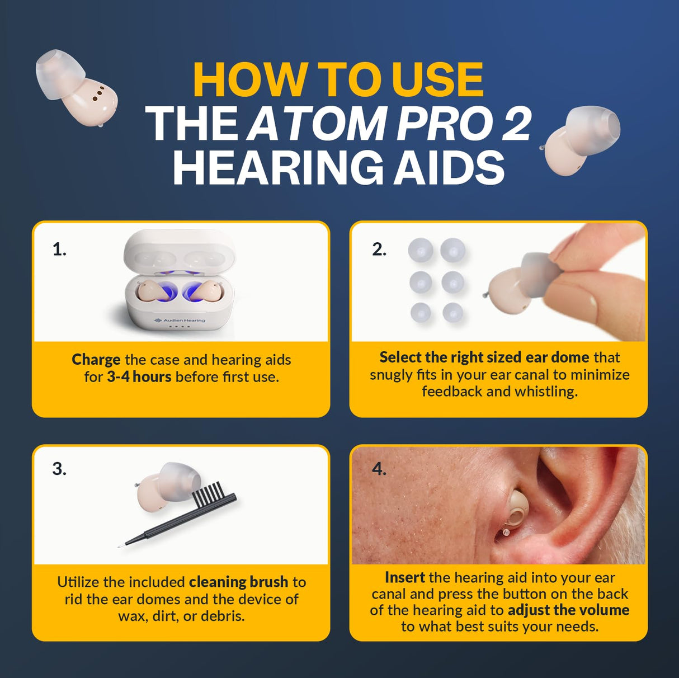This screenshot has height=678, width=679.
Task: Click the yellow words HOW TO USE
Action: (338, 80)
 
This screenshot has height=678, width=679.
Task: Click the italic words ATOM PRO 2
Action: (389, 124)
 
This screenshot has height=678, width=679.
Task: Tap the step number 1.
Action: (59, 249)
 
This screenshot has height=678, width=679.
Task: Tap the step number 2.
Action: (379, 249)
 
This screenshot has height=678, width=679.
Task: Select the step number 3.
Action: (59, 469)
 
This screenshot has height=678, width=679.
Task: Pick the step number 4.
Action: (379, 469)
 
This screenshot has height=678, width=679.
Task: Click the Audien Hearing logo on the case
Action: (180, 320)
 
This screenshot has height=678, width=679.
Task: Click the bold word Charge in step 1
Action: (96, 359)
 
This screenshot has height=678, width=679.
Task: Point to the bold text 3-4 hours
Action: (139, 376)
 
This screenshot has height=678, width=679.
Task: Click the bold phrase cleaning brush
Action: (238, 582)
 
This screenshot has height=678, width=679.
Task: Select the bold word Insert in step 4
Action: (404, 577)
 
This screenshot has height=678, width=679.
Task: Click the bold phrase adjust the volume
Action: (568, 610)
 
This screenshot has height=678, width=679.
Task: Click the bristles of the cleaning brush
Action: (208, 495)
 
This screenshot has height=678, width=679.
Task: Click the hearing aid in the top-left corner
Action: (76, 87)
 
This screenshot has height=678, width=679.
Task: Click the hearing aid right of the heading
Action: (582, 139)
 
